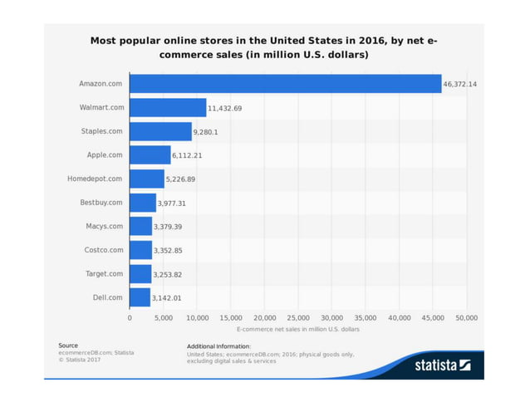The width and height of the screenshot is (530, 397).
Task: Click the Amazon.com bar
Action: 285,84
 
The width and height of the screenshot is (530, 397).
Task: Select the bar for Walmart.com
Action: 168,108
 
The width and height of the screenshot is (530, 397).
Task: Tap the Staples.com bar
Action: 160,131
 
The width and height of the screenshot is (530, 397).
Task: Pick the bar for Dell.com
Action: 140,297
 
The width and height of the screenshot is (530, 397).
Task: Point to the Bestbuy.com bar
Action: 143,203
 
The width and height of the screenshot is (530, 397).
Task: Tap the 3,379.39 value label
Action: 170,227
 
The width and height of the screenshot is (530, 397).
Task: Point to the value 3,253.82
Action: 169,274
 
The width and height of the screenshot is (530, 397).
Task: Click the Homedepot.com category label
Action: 95,179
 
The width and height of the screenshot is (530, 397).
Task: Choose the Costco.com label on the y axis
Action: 104,250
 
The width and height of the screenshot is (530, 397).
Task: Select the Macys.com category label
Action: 104,226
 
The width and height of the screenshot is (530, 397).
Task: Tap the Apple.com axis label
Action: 105,155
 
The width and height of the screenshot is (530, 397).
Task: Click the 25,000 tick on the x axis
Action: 298,318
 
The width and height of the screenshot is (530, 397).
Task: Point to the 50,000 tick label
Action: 467,318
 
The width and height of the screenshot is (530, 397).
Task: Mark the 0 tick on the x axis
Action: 130,318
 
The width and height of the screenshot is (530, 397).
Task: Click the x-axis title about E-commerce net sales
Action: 297,330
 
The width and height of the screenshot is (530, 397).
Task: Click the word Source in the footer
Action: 68,345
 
